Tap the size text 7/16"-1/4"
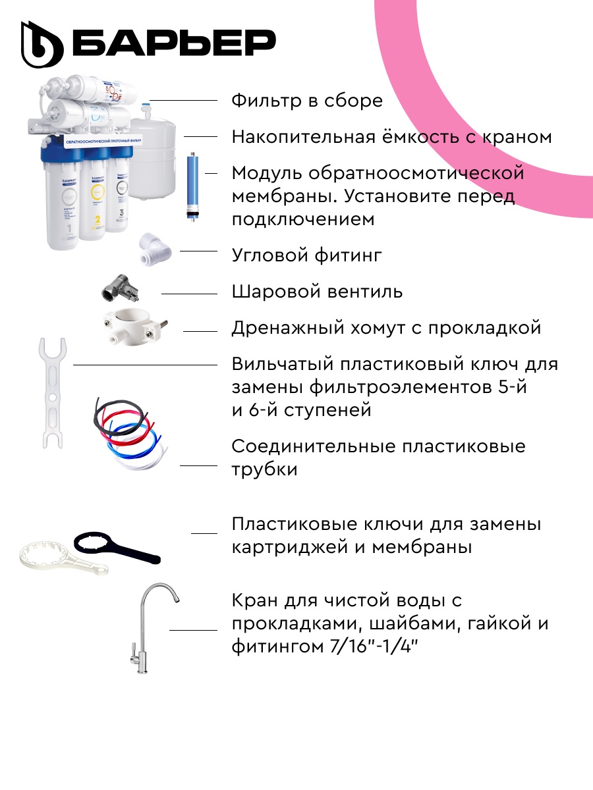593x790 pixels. click(x=374, y=647)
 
